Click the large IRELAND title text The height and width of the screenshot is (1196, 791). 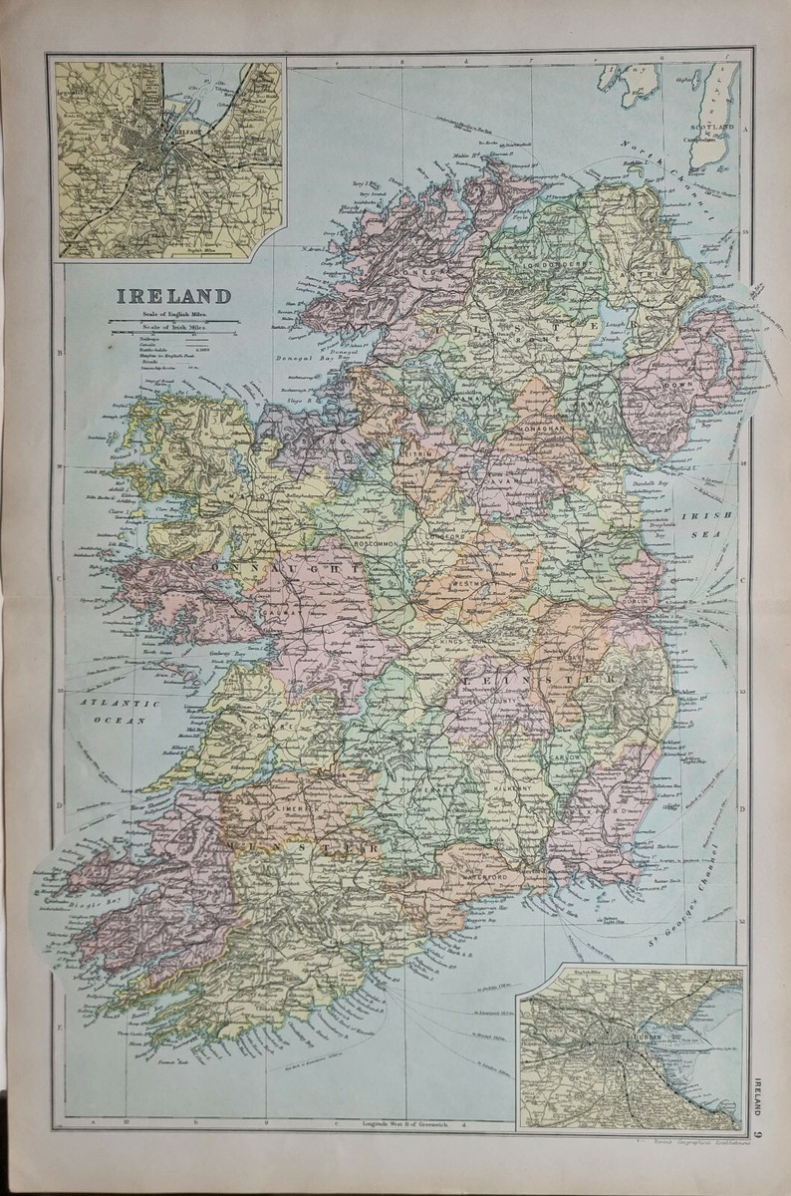click(x=174, y=296)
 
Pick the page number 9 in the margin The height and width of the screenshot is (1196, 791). click(x=759, y=1134)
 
